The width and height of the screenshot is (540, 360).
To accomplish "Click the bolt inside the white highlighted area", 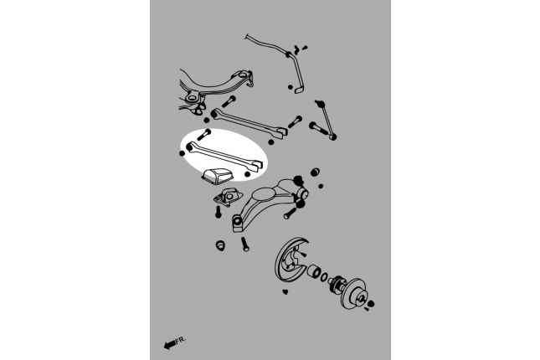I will tap(205, 135).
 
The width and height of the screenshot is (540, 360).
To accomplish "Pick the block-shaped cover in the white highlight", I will tap(216, 178).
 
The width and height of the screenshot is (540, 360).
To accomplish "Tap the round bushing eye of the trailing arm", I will tap(239, 222).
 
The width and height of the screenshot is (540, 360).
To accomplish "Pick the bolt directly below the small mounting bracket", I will tap(219, 213).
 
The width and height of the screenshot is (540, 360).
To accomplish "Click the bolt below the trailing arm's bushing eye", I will tap(244, 245).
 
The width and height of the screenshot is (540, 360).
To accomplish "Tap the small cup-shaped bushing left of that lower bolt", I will tap(221, 245).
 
